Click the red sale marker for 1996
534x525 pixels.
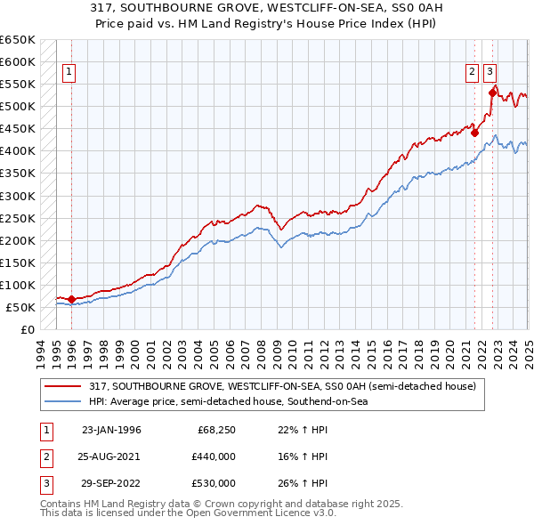71,299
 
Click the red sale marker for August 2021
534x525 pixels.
474,133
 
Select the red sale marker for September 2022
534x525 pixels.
492,90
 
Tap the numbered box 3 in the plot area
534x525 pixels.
491,73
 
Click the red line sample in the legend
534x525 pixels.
64,386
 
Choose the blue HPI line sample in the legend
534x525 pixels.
64,401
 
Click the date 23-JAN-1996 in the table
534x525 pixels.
111,430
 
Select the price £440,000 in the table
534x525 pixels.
214,456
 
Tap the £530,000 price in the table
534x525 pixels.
214,483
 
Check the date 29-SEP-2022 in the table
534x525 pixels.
111,483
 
